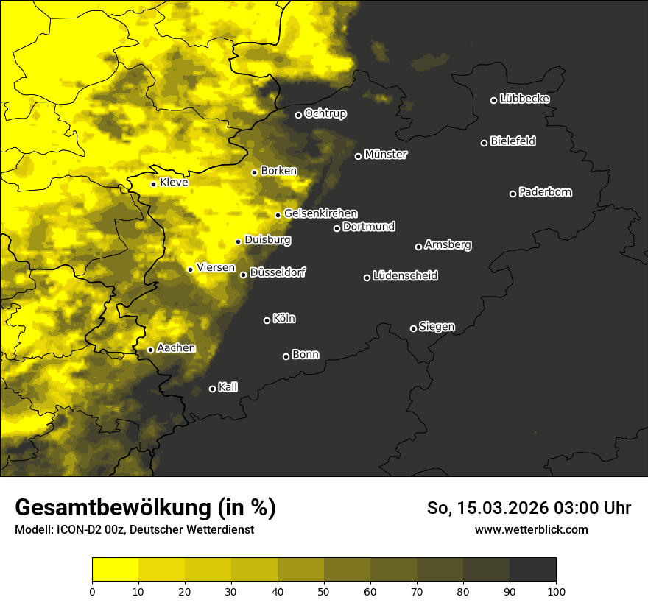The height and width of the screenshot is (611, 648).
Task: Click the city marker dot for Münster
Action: pos(359,156)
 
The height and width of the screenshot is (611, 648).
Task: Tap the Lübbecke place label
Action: pos(524,99)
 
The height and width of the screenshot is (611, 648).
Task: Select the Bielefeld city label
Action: pos(513,141)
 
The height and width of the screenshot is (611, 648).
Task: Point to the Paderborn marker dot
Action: pos(513,194)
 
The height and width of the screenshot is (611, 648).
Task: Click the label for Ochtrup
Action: pos(325,114)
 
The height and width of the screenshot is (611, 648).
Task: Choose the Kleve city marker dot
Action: pos(154,184)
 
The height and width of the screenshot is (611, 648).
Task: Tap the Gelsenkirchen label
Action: pos(320,213)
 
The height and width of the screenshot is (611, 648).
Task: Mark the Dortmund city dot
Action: pos(337,228)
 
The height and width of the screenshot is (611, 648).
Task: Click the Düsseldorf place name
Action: pos(278,273)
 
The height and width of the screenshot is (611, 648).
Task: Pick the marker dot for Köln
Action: pos(267,320)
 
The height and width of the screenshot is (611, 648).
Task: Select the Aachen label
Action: pos(176,348)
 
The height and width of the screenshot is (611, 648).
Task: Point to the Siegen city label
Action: pos(437,327)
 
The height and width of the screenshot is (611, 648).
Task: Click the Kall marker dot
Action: pos(213,389)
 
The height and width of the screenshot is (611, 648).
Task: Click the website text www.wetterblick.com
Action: pos(531,529)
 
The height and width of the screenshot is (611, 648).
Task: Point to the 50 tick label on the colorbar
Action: pos(324,590)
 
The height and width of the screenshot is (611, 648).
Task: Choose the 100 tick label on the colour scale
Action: pos(556,590)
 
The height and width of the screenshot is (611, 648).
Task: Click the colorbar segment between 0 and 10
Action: pos(116,569)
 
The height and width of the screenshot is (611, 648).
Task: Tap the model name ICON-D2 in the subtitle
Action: pos(76,529)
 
